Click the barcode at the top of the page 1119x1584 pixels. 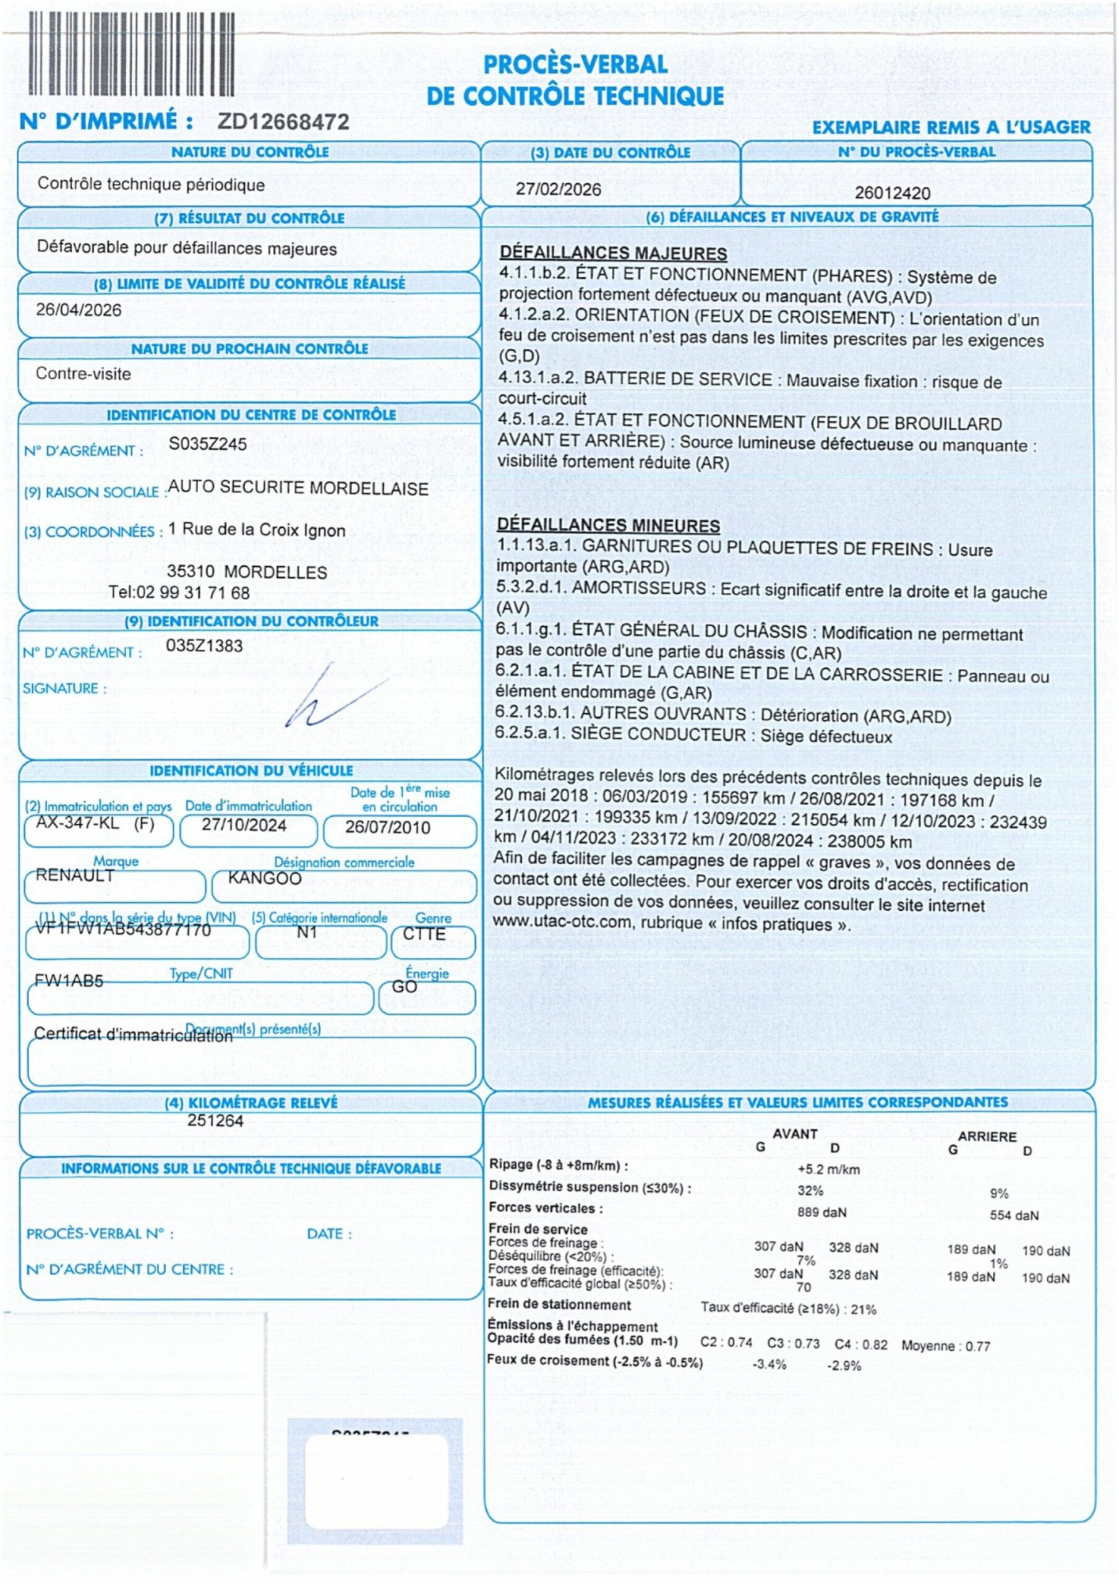click(x=131, y=54)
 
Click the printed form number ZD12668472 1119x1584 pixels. click(x=283, y=122)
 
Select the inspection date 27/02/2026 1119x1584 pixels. click(x=558, y=190)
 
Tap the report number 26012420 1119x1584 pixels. click(x=892, y=193)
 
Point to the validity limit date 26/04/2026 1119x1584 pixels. click(x=79, y=310)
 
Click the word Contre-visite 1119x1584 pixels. click(x=84, y=374)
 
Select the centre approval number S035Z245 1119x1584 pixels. click(x=208, y=444)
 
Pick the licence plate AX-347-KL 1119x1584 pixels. click(x=77, y=823)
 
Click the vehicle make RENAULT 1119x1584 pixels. click(x=74, y=876)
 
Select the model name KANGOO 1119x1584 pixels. click(x=264, y=878)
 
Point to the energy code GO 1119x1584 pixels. click(x=405, y=988)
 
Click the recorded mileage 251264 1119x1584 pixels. click(x=215, y=1121)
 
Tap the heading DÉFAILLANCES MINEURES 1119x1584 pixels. click(x=608, y=526)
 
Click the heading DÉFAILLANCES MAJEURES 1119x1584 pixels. click(x=613, y=253)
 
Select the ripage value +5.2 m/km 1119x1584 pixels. click(x=828, y=1169)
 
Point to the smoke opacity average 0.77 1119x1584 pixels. click(x=977, y=1346)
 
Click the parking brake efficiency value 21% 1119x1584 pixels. click(x=863, y=1309)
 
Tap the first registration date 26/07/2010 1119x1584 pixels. click(x=387, y=827)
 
